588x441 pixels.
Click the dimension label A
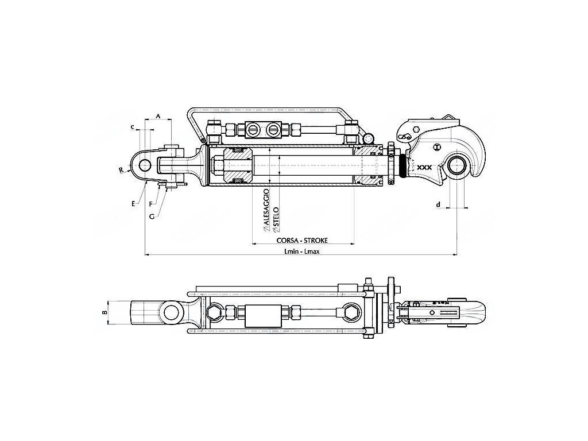158,115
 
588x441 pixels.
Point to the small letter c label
133,126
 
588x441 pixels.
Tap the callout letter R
121,170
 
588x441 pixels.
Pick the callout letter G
152,216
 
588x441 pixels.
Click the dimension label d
439,204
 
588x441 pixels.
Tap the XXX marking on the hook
424,167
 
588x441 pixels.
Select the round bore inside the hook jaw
458,165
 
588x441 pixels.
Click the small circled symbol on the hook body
437,147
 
